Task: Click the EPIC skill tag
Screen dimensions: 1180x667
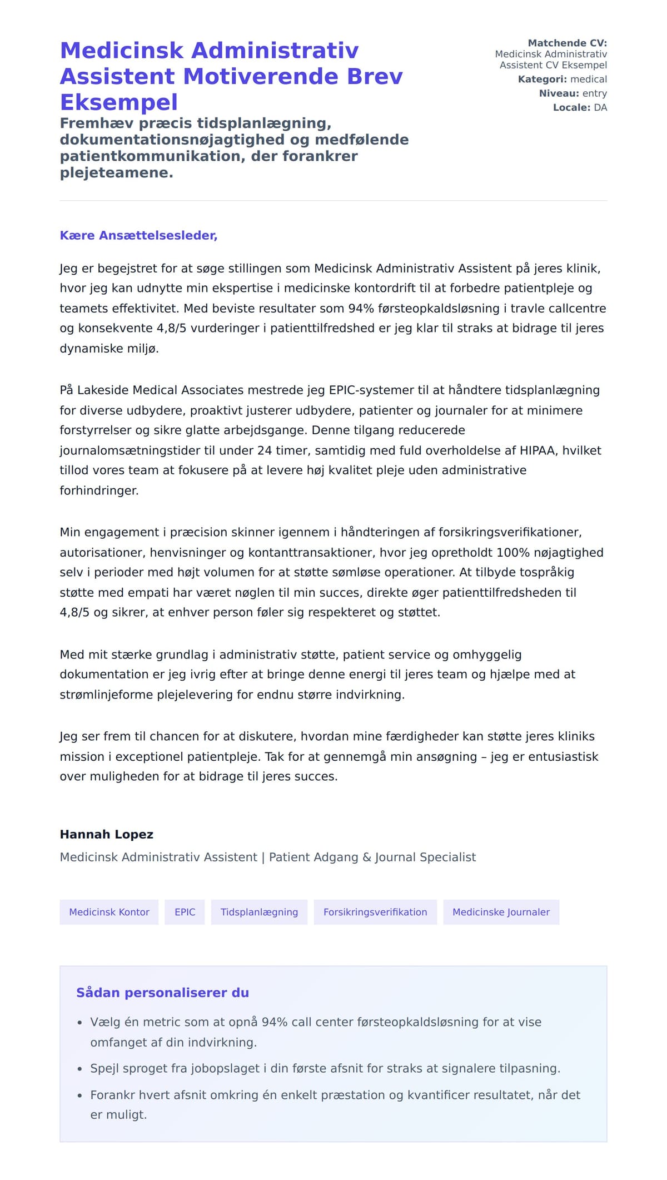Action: click(x=185, y=912)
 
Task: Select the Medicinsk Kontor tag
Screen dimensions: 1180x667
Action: click(x=109, y=912)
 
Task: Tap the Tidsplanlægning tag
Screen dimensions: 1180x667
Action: click(x=259, y=912)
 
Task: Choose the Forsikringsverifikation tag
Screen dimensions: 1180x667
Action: click(x=375, y=912)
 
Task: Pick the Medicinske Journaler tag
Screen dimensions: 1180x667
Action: click(x=501, y=912)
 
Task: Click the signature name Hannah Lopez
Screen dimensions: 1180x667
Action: click(x=106, y=834)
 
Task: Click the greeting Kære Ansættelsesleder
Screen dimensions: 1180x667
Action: click(x=138, y=235)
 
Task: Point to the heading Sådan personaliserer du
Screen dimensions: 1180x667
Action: click(x=162, y=993)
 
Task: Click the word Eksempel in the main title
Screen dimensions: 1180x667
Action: click(x=119, y=102)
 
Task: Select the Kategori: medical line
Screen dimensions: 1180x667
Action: click(x=562, y=79)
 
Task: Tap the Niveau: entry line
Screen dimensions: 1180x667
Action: click(x=573, y=93)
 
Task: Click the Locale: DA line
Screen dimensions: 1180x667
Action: click(x=580, y=107)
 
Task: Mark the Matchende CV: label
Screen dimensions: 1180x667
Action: click(x=567, y=43)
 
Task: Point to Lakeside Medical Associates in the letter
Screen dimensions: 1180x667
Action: click(x=161, y=390)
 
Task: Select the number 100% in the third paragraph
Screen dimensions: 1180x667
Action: click(x=513, y=552)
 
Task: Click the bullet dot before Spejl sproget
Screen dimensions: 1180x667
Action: click(x=79, y=1069)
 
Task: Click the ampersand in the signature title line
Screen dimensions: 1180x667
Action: click(x=367, y=857)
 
